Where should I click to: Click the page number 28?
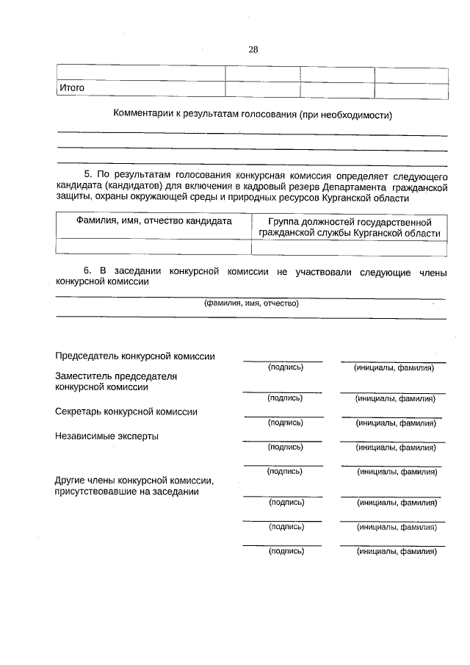[253, 50]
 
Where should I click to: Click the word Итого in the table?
[72, 88]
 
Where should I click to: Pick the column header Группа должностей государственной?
[350, 221]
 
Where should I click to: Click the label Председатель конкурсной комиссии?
[135, 356]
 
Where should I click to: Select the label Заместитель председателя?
[117, 375]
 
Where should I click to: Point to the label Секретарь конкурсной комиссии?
[126, 411]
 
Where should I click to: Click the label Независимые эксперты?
[106, 436]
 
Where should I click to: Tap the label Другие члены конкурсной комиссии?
[134, 481]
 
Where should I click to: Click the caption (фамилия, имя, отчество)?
[251, 303]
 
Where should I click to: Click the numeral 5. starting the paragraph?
[88, 175]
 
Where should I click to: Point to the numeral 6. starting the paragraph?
[88, 271]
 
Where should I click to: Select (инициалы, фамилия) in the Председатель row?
[393, 367]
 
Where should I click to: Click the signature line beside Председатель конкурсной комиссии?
[283, 360]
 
